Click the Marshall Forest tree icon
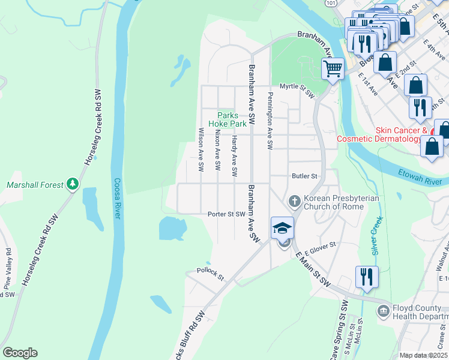73,184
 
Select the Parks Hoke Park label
228,119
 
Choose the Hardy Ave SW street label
235,155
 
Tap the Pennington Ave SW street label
270,121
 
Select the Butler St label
304,176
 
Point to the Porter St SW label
226,214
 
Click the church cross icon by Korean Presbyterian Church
294,200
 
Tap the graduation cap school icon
282,228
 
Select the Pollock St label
210,275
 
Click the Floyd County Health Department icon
382,311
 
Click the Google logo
20,353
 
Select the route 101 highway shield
331,4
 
